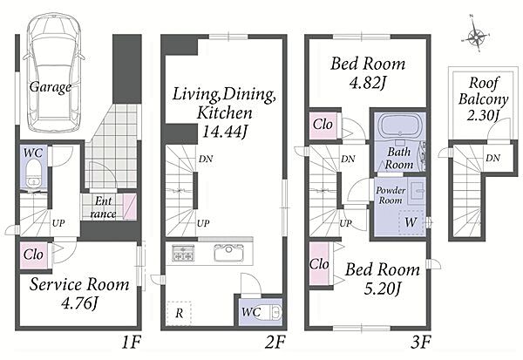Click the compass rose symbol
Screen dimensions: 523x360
pyautogui.click(x=476, y=35)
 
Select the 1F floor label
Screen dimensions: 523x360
pyautogui.click(x=131, y=343)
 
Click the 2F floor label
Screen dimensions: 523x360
pyautogui.click(x=275, y=343)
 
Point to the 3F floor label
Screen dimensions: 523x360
pyautogui.click(x=420, y=343)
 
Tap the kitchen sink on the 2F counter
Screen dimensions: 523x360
pyautogui.click(x=228, y=252)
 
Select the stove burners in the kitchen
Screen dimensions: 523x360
pyautogui.click(x=183, y=253)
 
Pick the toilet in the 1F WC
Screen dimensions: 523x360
pyautogui.click(x=33, y=175)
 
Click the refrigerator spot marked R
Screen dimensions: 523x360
pyautogui.click(x=179, y=313)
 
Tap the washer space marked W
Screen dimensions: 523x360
pyautogui.click(x=411, y=222)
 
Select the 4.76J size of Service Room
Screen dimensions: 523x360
pyautogui.click(x=79, y=303)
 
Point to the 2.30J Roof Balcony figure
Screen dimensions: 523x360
pyautogui.click(x=483, y=115)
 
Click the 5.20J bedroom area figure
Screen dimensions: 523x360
pyautogui.click(x=382, y=289)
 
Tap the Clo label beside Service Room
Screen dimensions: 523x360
pyautogui.click(x=33, y=255)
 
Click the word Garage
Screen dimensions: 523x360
pyautogui.click(x=51, y=87)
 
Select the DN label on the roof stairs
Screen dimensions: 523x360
pyautogui.click(x=493, y=158)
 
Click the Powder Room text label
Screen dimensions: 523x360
pyautogui.click(x=391, y=195)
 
